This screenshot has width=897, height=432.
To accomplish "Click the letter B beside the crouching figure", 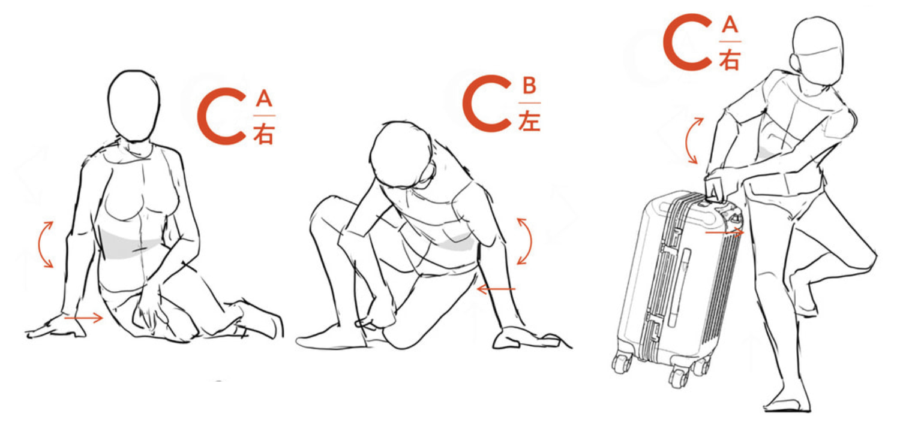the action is click(529, 86).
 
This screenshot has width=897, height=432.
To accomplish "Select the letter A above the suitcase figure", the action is click(730, 25).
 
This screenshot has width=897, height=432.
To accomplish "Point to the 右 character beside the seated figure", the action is click(263, 134).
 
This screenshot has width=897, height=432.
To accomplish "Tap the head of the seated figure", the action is click(134, 106).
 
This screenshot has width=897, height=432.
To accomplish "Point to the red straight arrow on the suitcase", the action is click(724, 232).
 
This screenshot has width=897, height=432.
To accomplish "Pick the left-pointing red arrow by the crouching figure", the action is click(496, 288).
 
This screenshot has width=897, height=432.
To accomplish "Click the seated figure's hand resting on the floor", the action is click(56, 327).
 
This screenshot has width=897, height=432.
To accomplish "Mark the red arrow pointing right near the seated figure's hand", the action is click(83, 318).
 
